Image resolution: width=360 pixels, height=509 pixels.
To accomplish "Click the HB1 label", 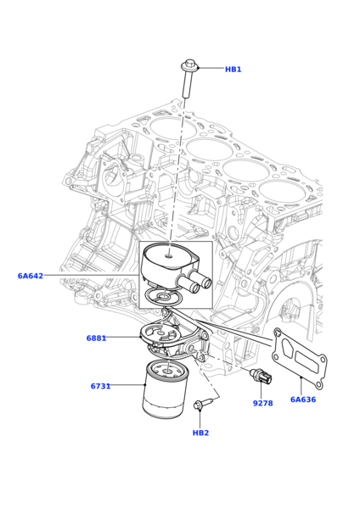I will pyautogui.click(x=233, y=70).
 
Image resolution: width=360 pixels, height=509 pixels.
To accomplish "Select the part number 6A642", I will pyautogui.click(x=31, y=276).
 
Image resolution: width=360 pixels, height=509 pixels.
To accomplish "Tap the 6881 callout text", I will pyautogui.click(x=96, y=338).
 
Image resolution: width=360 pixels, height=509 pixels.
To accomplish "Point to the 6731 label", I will pyautogui.click(x=100, y=386).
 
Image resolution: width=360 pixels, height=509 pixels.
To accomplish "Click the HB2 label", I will pyautogui.click(x=200, y=433).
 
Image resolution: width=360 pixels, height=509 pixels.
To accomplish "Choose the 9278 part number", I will pyautogui.click(x=262, y=403).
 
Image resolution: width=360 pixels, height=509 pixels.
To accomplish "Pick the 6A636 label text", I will pyautogui.click(x=302, y=400).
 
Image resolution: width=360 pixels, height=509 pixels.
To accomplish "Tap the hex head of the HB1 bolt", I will pyautogui.click(x=189, y=64).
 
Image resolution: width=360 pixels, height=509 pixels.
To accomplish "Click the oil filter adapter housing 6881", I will pyautogui.click(x=175, y=338).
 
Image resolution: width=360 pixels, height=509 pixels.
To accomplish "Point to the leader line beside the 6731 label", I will pyautogui.click(x=127, y=385).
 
